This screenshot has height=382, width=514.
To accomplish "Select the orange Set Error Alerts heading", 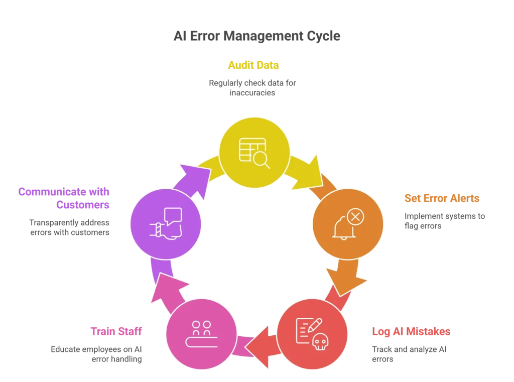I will coord(442,198).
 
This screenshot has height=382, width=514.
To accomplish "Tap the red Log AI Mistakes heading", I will coord(411,332).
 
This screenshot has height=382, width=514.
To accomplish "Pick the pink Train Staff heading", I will coord(116,331).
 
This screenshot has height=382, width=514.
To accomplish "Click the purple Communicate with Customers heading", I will coord(64,197).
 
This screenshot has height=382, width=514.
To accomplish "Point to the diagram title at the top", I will coord(256,37).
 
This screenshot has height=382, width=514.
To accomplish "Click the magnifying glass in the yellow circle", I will coord(261,159).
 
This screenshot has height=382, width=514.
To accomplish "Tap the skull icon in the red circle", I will coord(320,342).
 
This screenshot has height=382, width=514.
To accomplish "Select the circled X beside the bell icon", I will coord(355,217).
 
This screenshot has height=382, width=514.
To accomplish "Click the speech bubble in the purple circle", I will coord(173,216).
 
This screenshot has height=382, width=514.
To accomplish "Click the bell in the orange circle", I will coord(343,228).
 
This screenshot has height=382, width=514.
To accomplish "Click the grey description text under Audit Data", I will coord(252,87).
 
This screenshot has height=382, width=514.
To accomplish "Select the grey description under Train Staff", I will coord(96,354).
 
